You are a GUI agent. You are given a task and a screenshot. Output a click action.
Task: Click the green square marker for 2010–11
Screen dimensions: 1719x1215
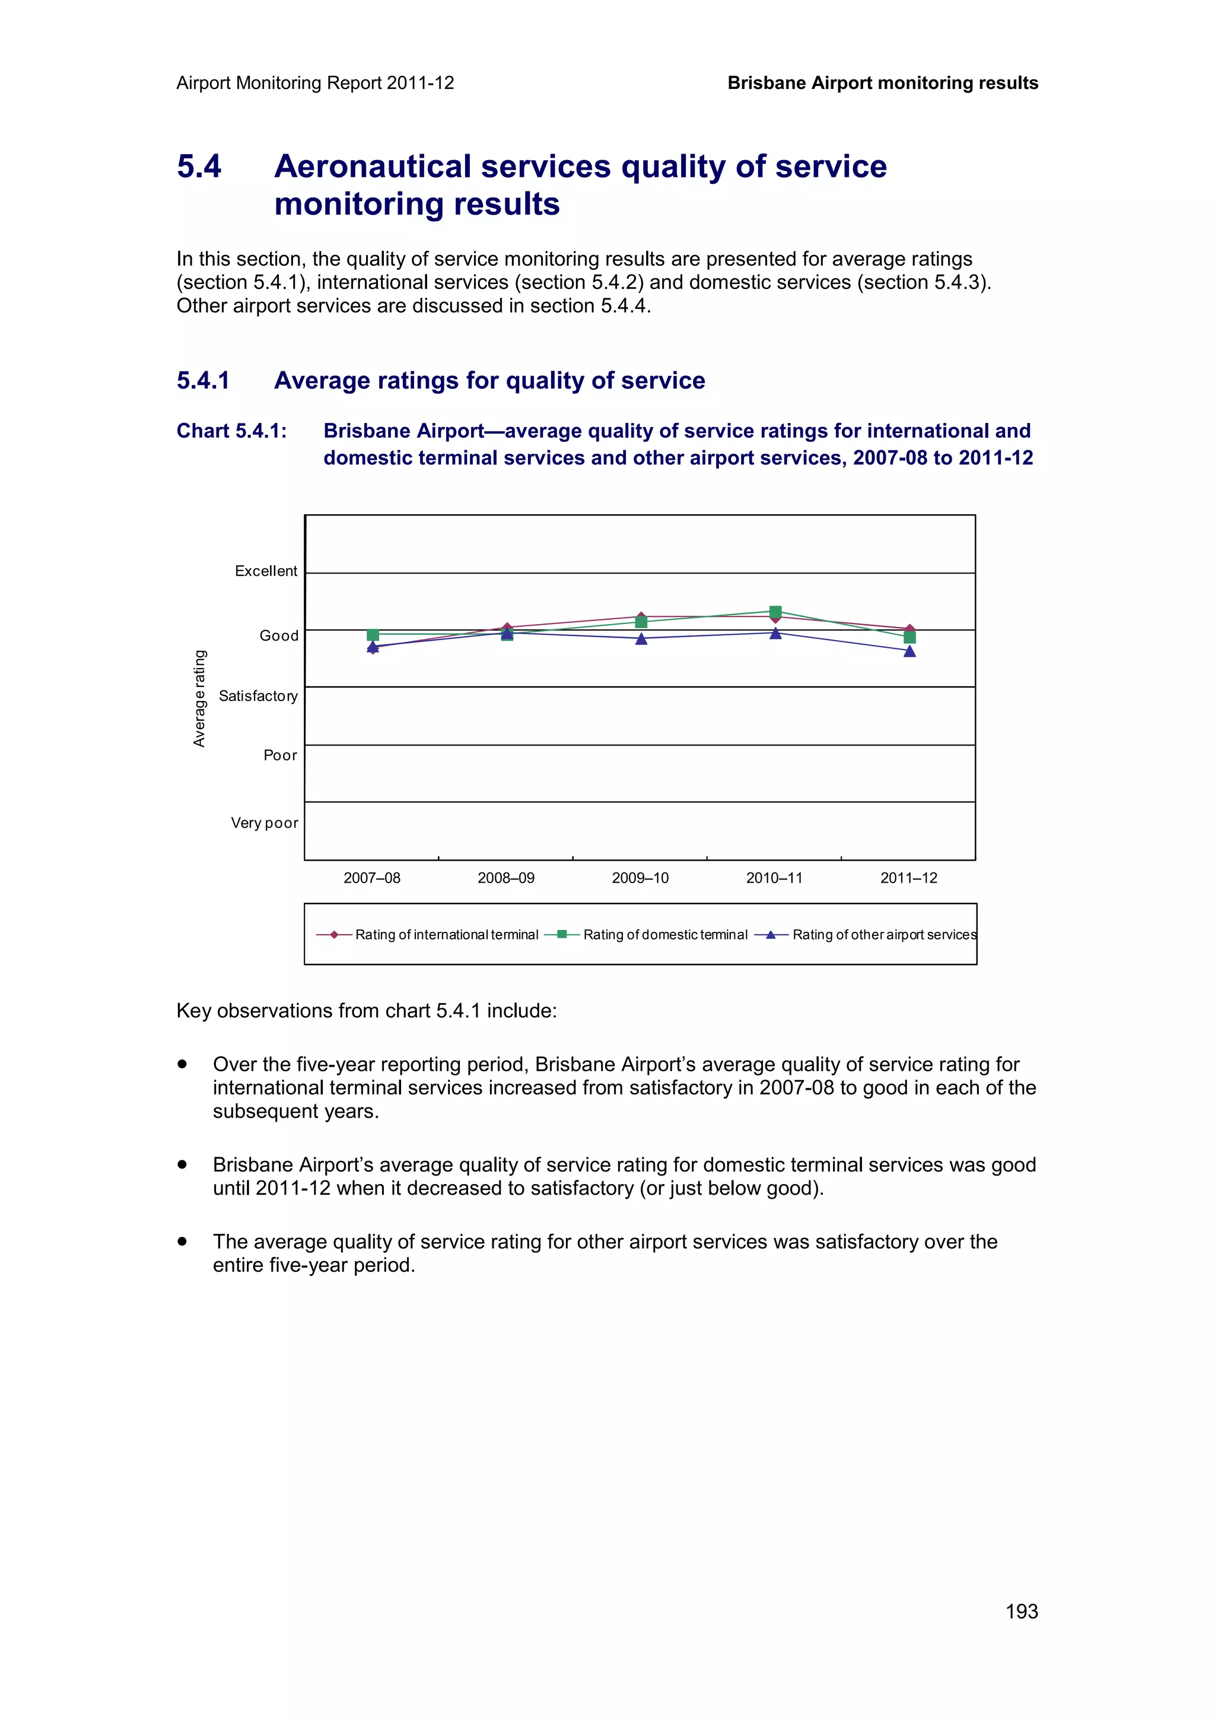pyautogui.click(x=775, y=612)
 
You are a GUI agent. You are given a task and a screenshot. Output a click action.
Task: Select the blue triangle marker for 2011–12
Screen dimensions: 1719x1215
pyautogui.click(x=909, y=651)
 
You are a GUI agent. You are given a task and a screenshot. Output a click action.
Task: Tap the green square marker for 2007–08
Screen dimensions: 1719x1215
pyautogui.click(x=373, y=635)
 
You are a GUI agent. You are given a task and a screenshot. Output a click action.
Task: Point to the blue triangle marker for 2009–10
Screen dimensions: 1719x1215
pyautogui.click(x=641, y=639)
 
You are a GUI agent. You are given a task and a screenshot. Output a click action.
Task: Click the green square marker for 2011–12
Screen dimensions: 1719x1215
pyautogui.click(x=909, y=637)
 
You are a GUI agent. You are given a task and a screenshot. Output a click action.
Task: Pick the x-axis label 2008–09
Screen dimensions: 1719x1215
pyautogui.click(x=506, y=878)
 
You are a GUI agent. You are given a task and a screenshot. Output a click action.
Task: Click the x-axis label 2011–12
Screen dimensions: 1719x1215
pyautogui.click(x=908, y=878)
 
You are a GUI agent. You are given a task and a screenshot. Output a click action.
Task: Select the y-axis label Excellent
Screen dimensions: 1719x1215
pyautogui.click(x=266, y=571)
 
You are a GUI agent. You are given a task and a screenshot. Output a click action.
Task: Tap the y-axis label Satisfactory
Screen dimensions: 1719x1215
pyautogui.click(x=257, y=696)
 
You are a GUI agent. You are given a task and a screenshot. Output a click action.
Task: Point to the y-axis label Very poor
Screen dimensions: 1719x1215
pyautogui.click(x=264, y=823)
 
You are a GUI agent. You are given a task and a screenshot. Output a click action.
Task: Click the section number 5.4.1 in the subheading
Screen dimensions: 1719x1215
pyautogui.click(x=203, y=380)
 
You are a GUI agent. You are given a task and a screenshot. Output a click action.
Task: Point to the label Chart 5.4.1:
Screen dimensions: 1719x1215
pyautogui.click(x=231, y=431)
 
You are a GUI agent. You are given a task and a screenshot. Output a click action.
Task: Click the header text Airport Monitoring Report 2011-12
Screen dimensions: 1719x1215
pyautogui.click(x=315, y=83)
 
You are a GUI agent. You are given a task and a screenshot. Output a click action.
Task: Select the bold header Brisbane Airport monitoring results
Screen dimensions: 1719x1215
pyautogui.click(x=883, y=83)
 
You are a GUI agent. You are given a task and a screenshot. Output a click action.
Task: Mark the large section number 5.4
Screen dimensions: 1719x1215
pyautogui.click(x=199, y=166)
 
